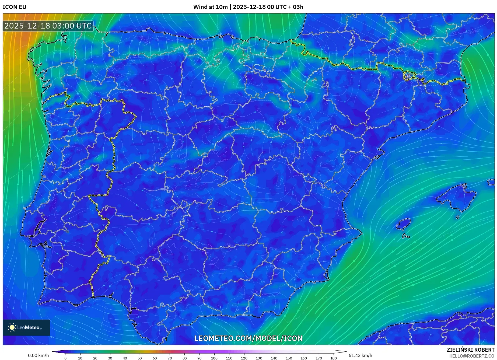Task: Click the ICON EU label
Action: pos(15,7)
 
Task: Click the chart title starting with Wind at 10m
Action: pos(248,7)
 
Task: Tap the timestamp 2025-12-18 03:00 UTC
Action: pos(48,26)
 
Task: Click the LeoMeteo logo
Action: pos(26,327)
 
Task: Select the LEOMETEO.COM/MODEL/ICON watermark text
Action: pos(248,338)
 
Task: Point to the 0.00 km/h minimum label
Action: pos(38,355)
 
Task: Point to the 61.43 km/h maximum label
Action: pos(360,355)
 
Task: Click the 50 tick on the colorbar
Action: pos(140,358)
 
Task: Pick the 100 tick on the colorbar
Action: pos(214,358)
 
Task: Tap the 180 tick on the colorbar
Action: pos(333,358)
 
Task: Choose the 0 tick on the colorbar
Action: pos(65,358)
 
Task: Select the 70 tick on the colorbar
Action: pos(170,358)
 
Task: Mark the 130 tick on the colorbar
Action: pos(259,358)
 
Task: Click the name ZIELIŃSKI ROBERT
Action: pos(470,350)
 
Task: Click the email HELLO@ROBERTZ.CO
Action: pos(471,356)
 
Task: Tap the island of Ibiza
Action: pos(404,224)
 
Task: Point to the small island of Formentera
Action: pos(405,236)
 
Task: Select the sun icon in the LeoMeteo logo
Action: pos(12,327)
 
